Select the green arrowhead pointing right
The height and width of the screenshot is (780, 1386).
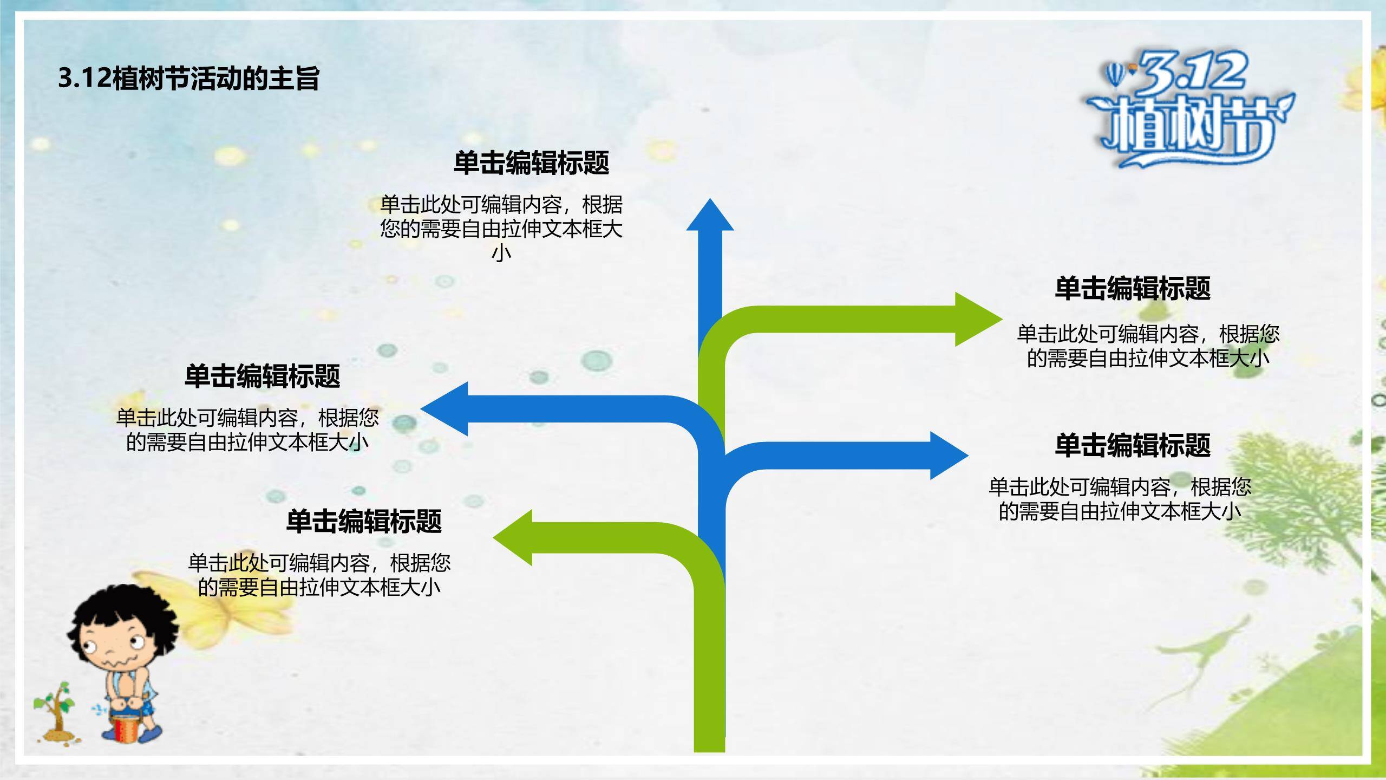(975, 319)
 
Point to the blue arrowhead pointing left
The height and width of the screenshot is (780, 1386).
(447, 409)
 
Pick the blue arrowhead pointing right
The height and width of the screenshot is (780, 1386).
(947, 456)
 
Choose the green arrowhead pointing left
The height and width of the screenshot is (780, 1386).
(514, 538)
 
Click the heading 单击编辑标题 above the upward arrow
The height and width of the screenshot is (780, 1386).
(531, 163)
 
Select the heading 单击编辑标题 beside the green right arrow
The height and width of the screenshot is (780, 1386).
(1133, 288)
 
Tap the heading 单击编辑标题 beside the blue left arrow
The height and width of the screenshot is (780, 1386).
(262, 376)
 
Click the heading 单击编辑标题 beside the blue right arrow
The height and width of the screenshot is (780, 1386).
(1133, 445)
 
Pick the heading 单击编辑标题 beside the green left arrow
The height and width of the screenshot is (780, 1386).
(364, 521)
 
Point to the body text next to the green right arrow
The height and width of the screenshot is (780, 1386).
(1148, 346)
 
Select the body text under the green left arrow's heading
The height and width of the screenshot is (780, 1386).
(319, 575)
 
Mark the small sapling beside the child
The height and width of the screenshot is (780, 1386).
(55, 710)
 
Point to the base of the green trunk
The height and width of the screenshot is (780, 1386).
(709, 742)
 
